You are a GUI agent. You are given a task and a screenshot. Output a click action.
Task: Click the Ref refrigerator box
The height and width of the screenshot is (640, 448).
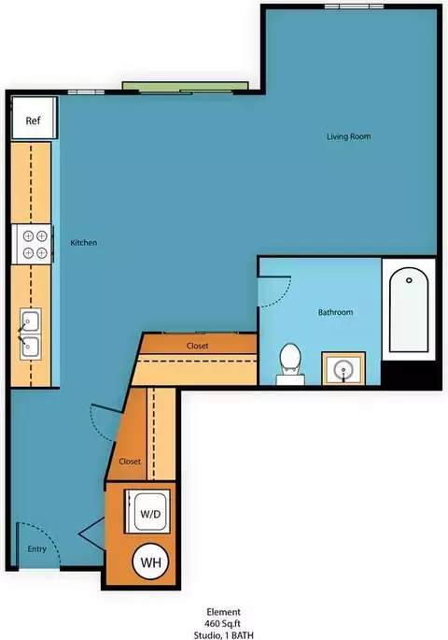click(33, 118)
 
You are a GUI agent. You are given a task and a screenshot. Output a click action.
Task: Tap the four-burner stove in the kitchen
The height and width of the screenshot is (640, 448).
click(32, 244)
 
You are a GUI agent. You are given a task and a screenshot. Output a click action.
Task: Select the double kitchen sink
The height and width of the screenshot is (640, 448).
click(31, 334)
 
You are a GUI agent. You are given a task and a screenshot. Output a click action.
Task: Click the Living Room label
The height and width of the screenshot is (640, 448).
click(348, 136)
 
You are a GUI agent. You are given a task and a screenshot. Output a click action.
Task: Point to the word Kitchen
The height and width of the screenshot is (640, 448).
click(84, 242)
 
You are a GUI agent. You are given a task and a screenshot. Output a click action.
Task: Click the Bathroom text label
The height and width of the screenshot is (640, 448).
click(335, 312)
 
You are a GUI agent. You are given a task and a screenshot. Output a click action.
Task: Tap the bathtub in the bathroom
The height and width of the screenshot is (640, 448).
click(409, 309)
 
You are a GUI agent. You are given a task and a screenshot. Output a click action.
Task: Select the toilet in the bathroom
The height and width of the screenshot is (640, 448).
click(290, 363)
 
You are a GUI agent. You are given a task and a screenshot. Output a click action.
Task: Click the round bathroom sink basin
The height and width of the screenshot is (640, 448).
click(343, 370)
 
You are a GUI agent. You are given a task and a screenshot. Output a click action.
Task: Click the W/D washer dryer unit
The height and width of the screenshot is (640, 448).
click(147, 512)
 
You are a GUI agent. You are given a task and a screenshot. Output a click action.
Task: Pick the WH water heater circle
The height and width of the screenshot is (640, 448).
click(150, 562)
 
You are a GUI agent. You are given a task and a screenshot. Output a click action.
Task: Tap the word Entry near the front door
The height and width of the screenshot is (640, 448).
click(36, 549)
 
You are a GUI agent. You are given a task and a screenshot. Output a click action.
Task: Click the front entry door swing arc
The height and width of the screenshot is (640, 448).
click(49, 535)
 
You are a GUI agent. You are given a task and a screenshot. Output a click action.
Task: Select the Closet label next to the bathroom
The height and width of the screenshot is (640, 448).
click(197, 346)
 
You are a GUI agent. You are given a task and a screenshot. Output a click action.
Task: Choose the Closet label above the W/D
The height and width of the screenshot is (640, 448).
click(130, 462)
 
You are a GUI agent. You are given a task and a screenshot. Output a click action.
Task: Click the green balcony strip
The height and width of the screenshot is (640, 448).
click(186, 86)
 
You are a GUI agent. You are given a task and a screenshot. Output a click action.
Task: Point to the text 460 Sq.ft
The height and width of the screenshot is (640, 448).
click(223, 624)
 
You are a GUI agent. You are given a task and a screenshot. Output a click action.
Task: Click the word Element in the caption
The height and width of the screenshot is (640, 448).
click(223, 612)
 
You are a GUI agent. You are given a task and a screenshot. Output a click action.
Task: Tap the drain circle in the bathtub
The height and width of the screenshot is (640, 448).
click(409, 280)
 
